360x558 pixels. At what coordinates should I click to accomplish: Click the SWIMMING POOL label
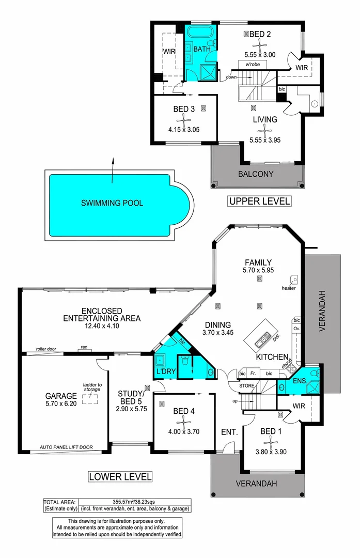click(x=112, y=203)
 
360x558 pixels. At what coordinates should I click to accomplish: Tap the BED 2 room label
click(x=260, y=34)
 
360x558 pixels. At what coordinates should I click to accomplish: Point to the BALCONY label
click(x=255, y=174)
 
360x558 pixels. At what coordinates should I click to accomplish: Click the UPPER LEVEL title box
click(x=259, y=200)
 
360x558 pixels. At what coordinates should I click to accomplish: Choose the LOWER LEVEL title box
click(x=120, y=476)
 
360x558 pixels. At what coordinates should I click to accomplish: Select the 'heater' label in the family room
click(x=289, y=288)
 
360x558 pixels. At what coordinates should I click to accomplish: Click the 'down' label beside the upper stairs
click(x=230, y=78)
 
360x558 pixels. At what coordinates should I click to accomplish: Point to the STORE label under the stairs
click(x=246, y=385)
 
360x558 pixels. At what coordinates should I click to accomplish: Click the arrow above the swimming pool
click(x=113, y=171)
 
